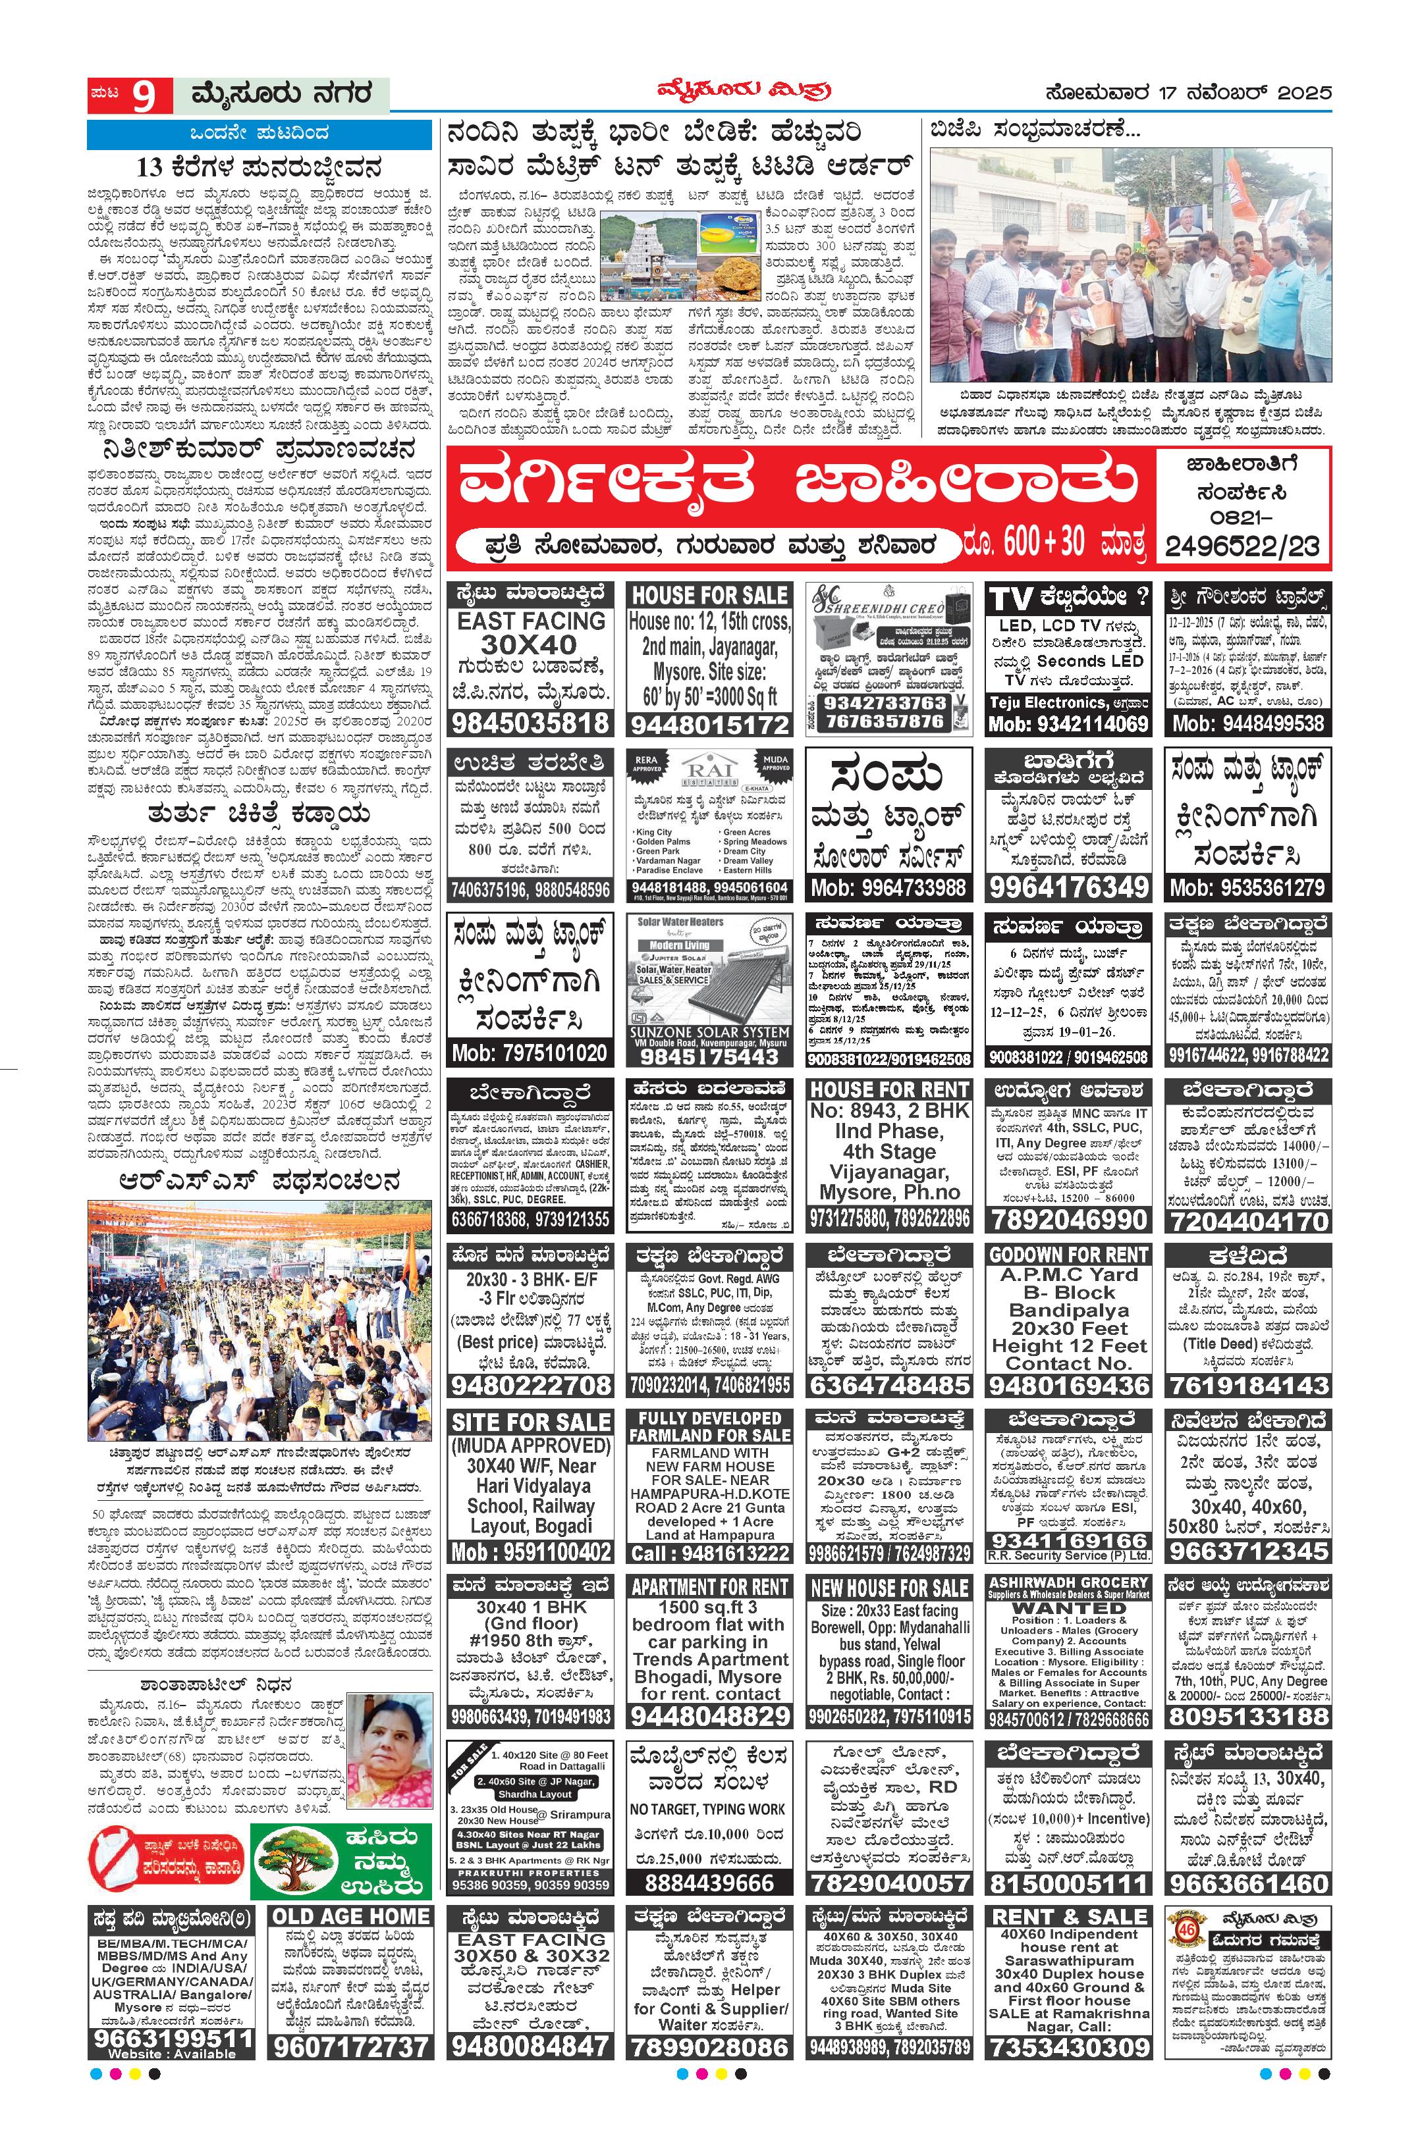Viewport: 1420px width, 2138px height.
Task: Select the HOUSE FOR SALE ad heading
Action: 709,596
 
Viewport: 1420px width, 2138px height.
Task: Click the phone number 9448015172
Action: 709,724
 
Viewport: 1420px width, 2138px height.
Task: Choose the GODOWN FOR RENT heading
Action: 1068,1255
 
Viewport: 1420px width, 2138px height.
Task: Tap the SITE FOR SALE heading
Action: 531,1422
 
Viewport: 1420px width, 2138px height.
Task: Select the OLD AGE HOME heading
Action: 352,1916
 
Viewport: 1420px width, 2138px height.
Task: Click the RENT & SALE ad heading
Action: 1068,1916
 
